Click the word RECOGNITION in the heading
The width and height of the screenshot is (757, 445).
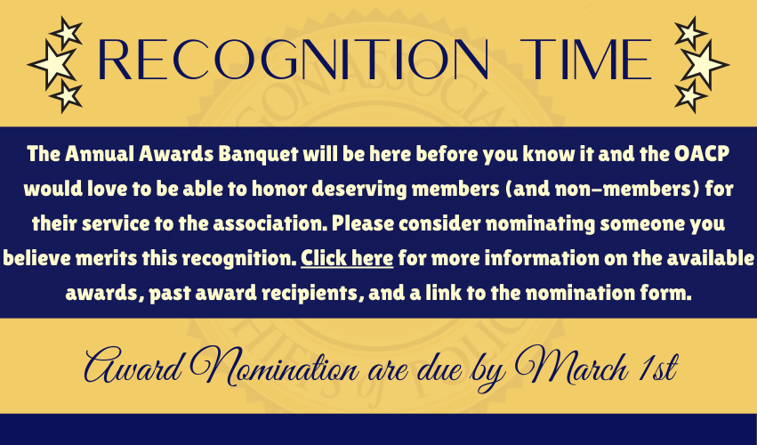tap(293, 59)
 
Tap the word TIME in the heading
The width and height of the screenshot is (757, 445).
tap(585, 59)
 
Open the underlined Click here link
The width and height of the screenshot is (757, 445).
tap(347, 258)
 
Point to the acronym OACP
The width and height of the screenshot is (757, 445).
tap(702, 154)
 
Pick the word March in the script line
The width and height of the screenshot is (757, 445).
tap(571, 368)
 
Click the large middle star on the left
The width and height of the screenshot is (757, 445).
tap(52, 65)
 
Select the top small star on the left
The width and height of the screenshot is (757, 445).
tap(67, 33)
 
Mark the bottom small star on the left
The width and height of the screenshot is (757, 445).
tap(67, 95)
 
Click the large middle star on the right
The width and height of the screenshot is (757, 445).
tap(705, 65)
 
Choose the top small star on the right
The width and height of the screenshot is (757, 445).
tap(690, 33)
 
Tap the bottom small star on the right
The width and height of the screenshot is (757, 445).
tap(690, 95)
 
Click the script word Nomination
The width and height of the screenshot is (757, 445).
tap(274, 368)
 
